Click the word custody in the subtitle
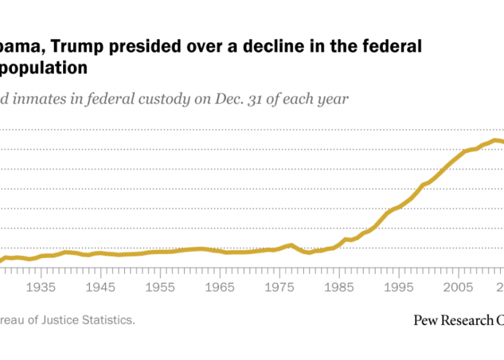point(173,99)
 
